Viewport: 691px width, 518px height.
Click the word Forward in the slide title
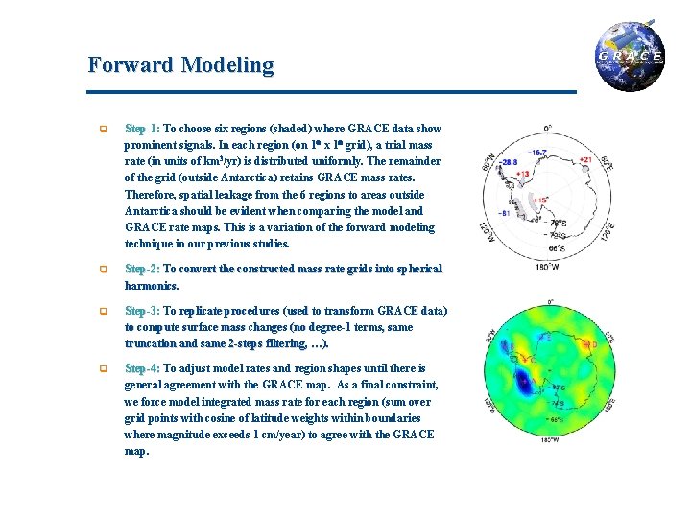(123, 65)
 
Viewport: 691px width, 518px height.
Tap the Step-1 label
(142, 128)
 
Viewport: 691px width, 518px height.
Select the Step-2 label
(142, 269)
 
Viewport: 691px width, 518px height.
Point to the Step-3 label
(142, 311)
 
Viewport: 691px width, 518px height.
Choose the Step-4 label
(142, 368)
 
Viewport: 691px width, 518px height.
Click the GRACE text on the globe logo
(631, 57)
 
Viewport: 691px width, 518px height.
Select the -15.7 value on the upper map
(538, 153)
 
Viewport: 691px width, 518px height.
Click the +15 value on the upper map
(541, 200)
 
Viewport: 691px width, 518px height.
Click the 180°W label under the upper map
(548, 267)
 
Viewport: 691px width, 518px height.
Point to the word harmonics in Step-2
(153, 286)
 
